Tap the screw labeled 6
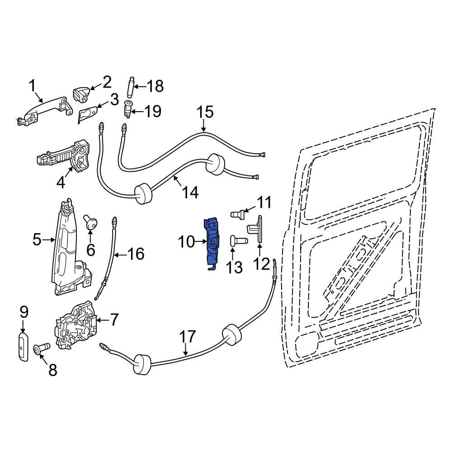[x=90, y=222]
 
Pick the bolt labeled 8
[x=40, y=350]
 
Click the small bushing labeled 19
[x=128, y=110]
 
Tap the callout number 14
[x=190, y=193]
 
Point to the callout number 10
[x=186, y=242]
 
